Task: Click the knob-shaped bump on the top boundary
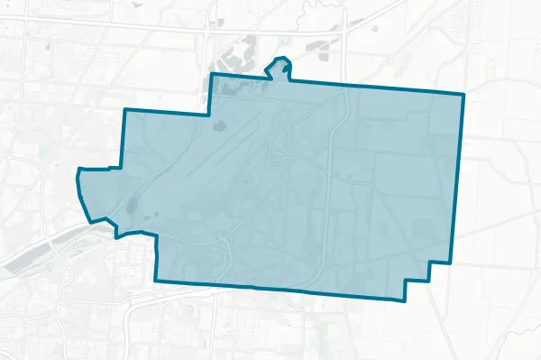coord(281,65)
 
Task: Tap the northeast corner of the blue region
coord(463,94)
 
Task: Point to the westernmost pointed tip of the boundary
coord(78,171)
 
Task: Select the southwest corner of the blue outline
coord(156,280)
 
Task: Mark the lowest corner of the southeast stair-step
coord(403,298)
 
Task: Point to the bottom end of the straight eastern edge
coord(448,262)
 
